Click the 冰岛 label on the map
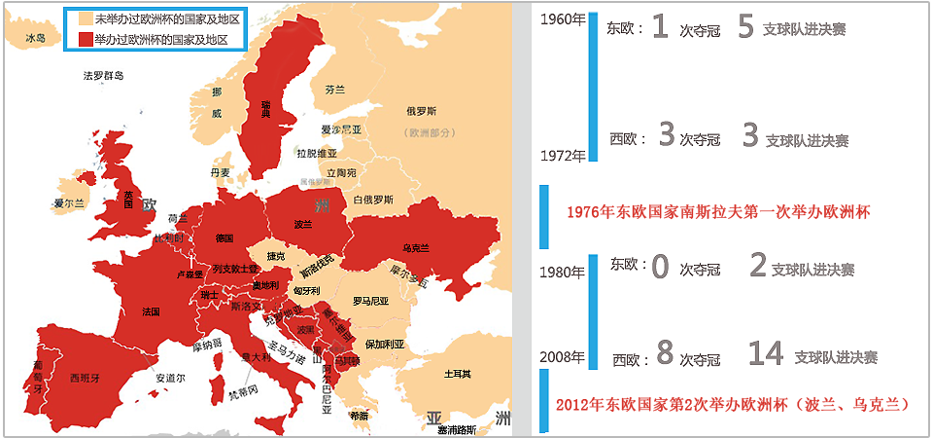click(x=35, y=39)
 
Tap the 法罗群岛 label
click(x=104, y=75)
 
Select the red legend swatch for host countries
click(x=86, y=40)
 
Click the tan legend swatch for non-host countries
click(x=86, y=18)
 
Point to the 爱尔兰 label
click(x=70, y=203)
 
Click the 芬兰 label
click(x=334, y=89)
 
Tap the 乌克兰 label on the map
click(x=415, y=247)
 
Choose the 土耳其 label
click(x=457, y=374)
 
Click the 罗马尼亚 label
click(x=370, y=301)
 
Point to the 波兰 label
click(x=302, y=224)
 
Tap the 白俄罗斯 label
click(x=374, y=200)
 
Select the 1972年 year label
click(x=563, y=155)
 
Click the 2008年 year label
click(x=563, y=355)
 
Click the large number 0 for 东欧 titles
click(x=661, y=266)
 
